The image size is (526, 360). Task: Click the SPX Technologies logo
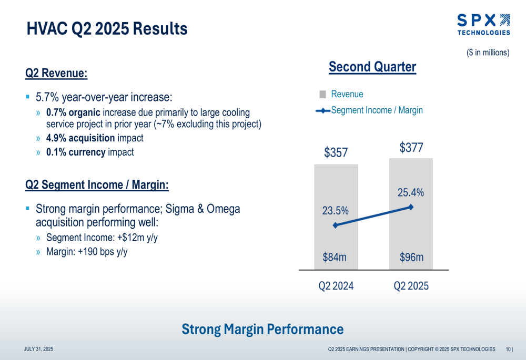click(x=483, y=25)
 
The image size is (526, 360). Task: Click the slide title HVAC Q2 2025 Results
click(x=107, y=28)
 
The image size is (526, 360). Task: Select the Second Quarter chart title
click(x=372, y=67)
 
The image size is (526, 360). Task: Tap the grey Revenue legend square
click(x=322, y=95)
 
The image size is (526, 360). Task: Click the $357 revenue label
click(x=336, y=153)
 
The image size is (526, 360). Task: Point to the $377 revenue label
click(x=411, y=148)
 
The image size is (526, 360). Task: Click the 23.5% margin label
click(x=335, y=211)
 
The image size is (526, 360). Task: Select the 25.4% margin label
click(x=410, y=193)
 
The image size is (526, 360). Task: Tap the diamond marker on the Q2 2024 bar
click(x=336, y=225)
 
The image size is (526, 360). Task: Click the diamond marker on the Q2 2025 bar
click(x=411, y=207)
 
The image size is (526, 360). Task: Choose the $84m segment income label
click(x=336, y=258)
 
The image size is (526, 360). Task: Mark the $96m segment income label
click(x=410, y=258)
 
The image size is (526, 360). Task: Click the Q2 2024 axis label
click(x=336, y=286)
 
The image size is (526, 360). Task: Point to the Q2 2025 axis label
click(x=411, y=286)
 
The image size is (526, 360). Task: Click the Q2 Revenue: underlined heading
click(x=56, y=73)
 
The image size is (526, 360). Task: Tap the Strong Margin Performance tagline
click(x=262, y=330)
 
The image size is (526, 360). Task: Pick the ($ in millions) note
click(x=488, y=53)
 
